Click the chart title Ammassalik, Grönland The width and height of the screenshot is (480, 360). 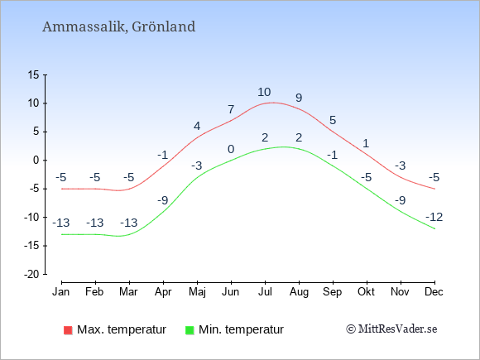pyautogui.click(x=119, y=26)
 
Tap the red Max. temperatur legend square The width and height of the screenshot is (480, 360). pyautogui.click(x=68, y=330)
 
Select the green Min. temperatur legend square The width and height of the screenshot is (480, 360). pyautogui.click(x=190, y=330)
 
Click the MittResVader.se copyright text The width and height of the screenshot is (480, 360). pyautogui.click(x=391, y=329)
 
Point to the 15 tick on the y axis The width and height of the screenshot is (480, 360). pyautogui.click(x=34, y=74)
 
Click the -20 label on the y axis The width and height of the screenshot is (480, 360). pyautogui.click(x=31, y=274)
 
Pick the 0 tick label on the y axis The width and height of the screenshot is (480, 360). pyautogui.click(x=36, y=160)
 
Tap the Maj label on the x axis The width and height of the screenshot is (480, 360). pyautogui.click(x=197, y=292)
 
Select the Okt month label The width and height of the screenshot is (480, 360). pyautogui.click(x=366, y=292)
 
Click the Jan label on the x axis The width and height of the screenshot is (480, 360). pyautogui.click(x=61, y=292)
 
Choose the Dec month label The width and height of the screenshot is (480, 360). pyautogui.click(x=434, y=292)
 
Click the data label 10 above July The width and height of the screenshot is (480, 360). pyautogui.click(x=264, y=92)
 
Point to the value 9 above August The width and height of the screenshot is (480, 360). pyautogui.click(x=299, y=98)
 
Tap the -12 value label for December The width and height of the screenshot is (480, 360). pyautogui.click(x=434, y=217)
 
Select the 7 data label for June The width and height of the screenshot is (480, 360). pyautogui.click(x=231, y=109)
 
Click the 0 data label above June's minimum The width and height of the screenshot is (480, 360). pyautogui.click(x=231, y=149)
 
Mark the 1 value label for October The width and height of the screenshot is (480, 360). pyautogui.click(x=366, y=143)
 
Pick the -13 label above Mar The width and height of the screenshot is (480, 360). pyautogui.click(x=129, y=223)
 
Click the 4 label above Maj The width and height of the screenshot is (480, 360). pyautogui.click(x=197, y=126)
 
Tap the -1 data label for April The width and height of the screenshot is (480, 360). pyautogui.click(x=163, y=155)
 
